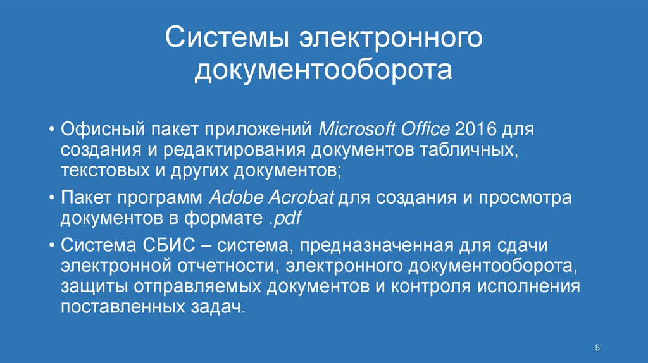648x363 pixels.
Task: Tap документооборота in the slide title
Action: pos(323,70)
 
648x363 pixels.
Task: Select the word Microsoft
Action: pos(356,130)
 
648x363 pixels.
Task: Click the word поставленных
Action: pos(111,306)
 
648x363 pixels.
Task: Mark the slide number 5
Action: pos(597,348)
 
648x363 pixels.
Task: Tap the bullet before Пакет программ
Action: pos(51,198)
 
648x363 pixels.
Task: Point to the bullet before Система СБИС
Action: pos(51,245)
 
